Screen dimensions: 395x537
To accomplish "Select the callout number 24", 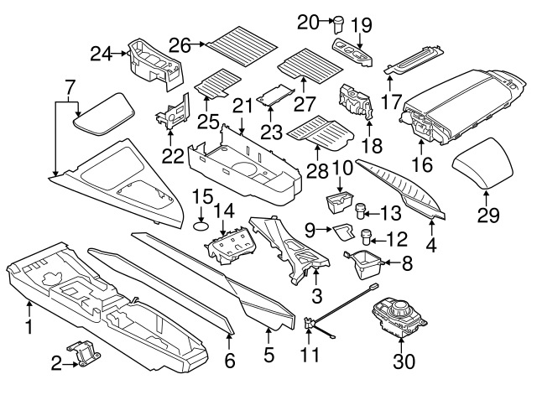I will pyautogui.click(x=102, y=55).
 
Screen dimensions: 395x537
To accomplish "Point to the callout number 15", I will pyautogui.click(x=201, y=197).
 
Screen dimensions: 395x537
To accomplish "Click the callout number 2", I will pyautogui.click(x=56, y=362).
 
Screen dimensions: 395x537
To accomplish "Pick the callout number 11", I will pyautogui.click(x=310, y=355).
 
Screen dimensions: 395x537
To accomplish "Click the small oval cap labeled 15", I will pyautogui.click(x=201, y=224).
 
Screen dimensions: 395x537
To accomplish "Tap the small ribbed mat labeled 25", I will pyautogui.click(x=215, y=81).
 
